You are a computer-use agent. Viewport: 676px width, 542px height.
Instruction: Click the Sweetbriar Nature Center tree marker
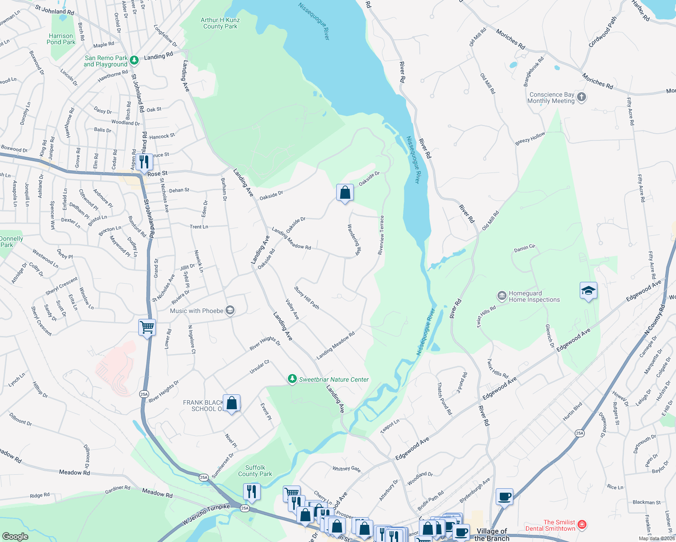292,379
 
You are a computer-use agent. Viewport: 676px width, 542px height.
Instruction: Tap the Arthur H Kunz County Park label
221,23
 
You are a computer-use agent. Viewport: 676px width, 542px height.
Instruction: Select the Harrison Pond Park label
61,39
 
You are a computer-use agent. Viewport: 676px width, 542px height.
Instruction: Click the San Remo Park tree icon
134,60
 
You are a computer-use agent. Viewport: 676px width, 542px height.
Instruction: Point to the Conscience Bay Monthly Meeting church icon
582,97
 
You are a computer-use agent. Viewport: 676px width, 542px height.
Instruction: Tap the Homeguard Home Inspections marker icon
502,296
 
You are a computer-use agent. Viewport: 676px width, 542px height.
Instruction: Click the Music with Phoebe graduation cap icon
230,310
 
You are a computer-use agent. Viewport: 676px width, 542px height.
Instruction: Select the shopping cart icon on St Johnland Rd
147,327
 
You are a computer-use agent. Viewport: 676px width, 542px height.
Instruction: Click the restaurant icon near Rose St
144,162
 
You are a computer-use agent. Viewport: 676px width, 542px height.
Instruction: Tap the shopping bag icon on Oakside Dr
345,193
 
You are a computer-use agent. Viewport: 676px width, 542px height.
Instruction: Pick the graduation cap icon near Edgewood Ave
588,291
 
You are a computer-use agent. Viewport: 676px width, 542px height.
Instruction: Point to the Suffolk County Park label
255,471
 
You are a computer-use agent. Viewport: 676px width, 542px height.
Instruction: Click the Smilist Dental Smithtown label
550,525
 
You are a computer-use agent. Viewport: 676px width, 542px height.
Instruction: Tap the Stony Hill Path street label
307,298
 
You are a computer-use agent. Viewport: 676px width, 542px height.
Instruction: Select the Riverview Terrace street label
381,235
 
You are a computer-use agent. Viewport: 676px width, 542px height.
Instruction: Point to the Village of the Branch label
492,535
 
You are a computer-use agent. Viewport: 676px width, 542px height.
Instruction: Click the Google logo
15,536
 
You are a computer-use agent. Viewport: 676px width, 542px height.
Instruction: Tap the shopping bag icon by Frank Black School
231,403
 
